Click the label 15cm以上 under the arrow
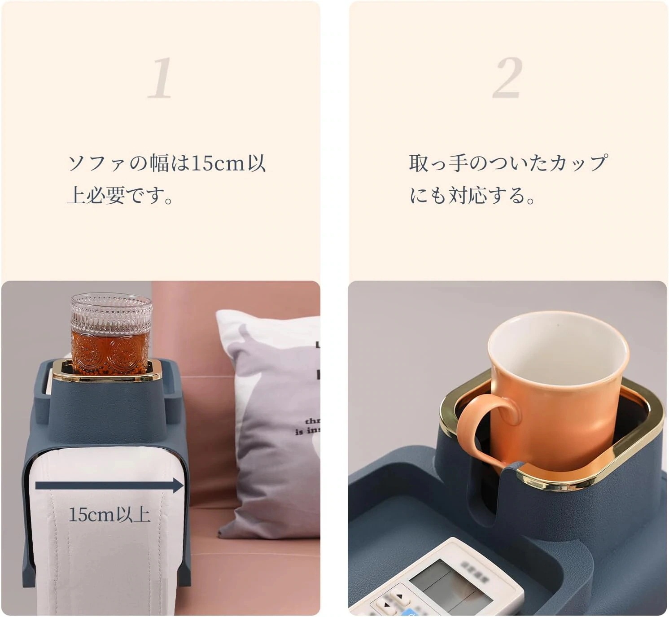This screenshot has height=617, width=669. [x=109, y=515]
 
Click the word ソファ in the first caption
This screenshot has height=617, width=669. [x=95, y=163]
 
